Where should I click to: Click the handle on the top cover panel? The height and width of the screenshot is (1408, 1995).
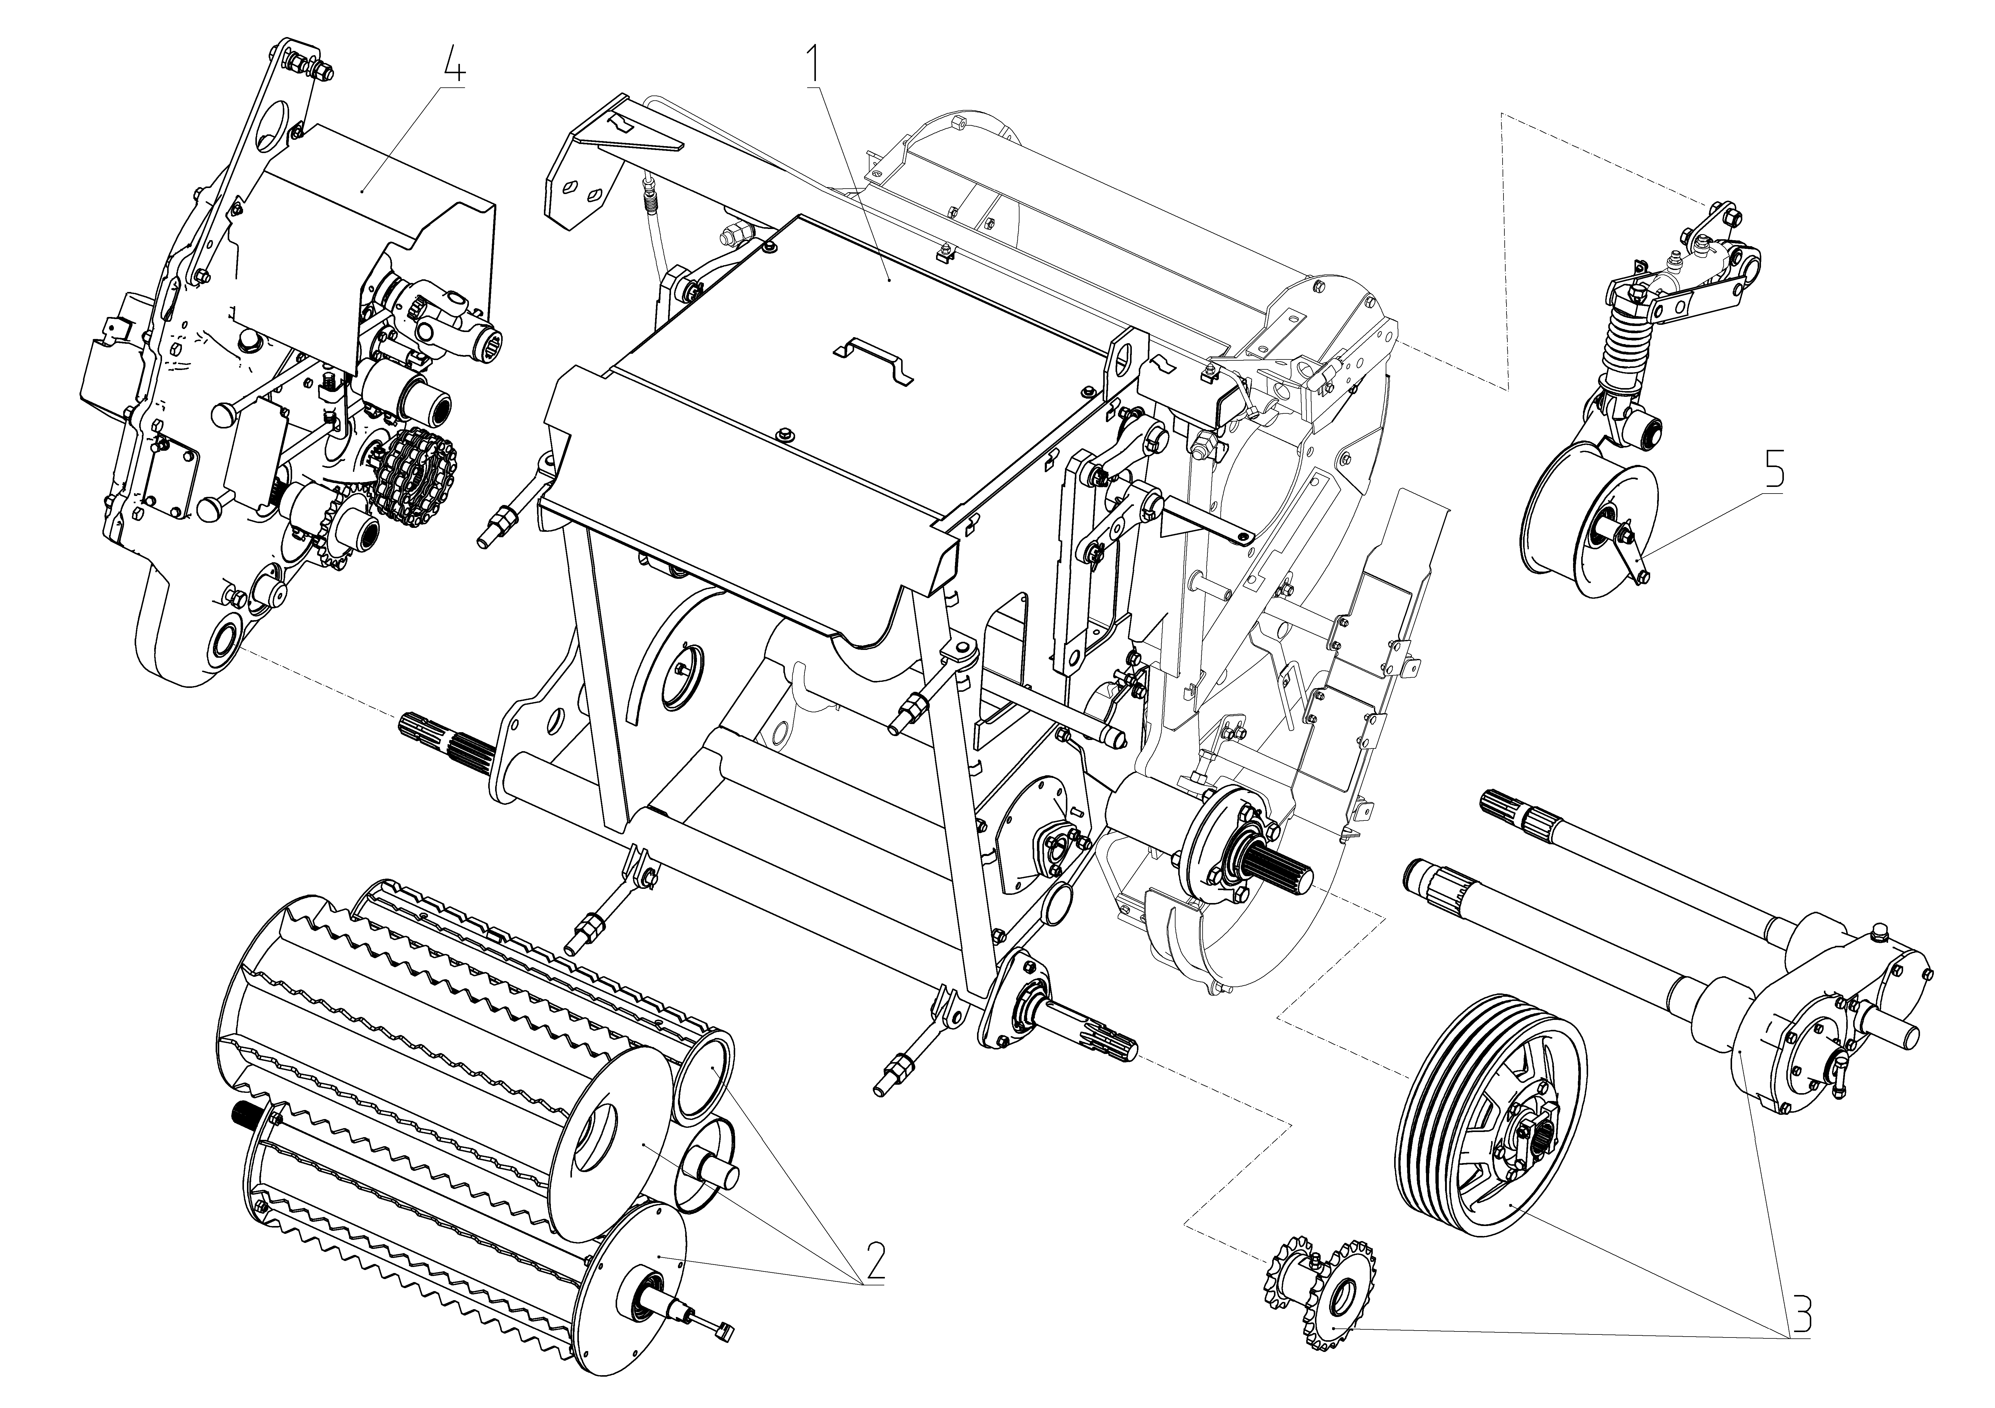[x=873, y=358]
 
